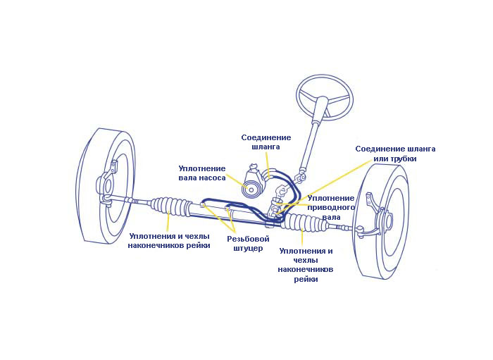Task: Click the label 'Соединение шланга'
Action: tap(266, 142)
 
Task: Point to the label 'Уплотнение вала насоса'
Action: tap(202, 173)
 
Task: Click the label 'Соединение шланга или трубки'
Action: tap(395, 154)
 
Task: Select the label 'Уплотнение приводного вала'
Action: tap(331, 208)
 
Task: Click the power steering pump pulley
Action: tap(250, 189)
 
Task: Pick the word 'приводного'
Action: tap(331, 208)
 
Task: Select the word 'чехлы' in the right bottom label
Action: tap(306, 260)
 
